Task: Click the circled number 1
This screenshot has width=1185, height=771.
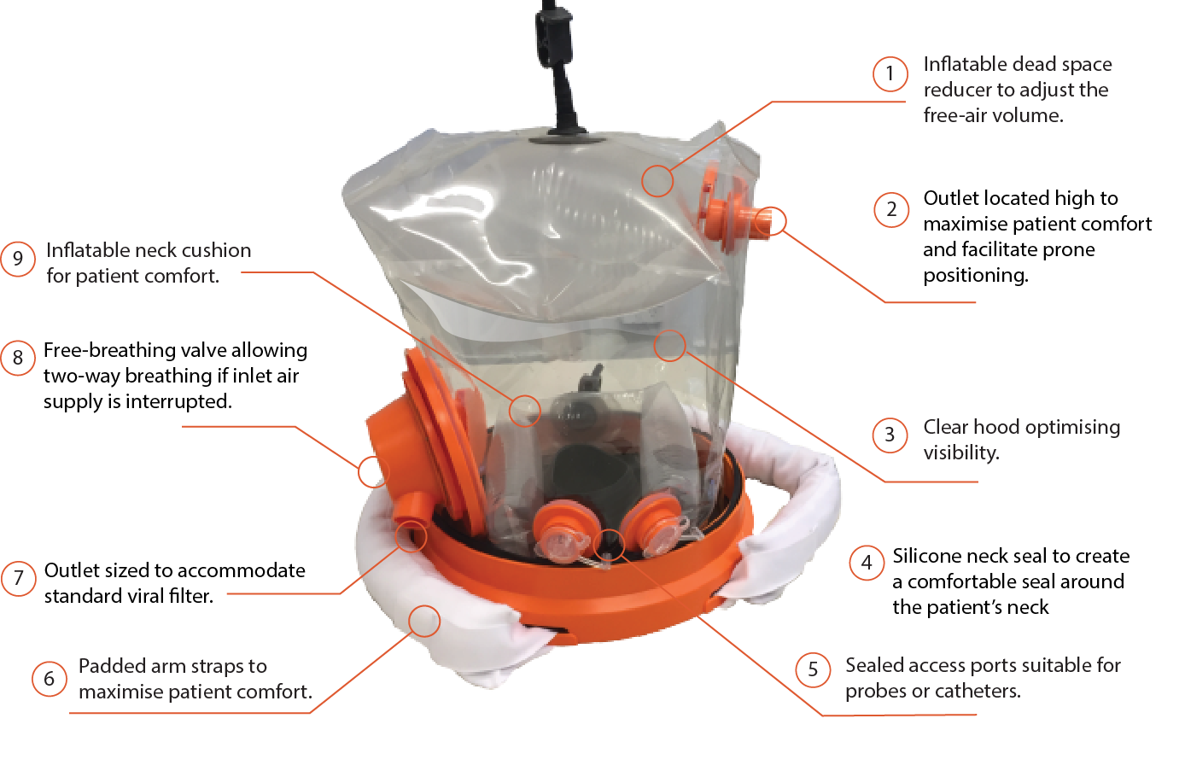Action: point(890,73)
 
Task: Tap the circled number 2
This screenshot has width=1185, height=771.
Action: point(891,209)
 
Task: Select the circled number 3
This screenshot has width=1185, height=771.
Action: point(890,435)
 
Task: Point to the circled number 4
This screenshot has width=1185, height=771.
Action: point(867,563)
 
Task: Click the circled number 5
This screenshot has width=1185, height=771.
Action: point(813,669)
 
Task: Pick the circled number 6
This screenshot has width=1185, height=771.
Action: point(49,679)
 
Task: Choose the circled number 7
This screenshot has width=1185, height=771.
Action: point(18,578)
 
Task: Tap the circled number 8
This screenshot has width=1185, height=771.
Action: point(17,358)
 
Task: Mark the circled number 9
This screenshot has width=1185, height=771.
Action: point(17,259)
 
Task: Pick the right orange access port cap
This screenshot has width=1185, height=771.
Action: point(653,525)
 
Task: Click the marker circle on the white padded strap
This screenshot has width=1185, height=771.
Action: point(423,621)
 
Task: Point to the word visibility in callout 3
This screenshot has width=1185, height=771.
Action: point(961,453)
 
